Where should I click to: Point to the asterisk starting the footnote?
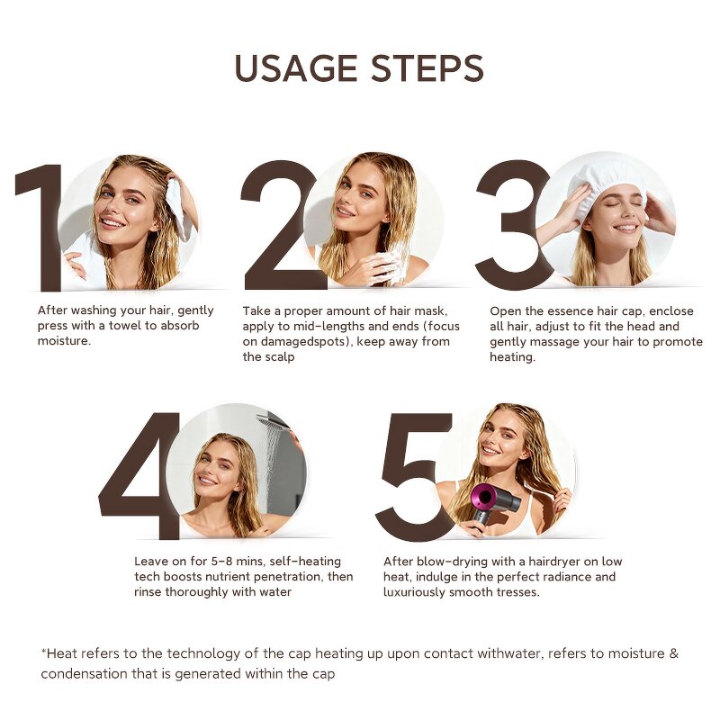[43, 651]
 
